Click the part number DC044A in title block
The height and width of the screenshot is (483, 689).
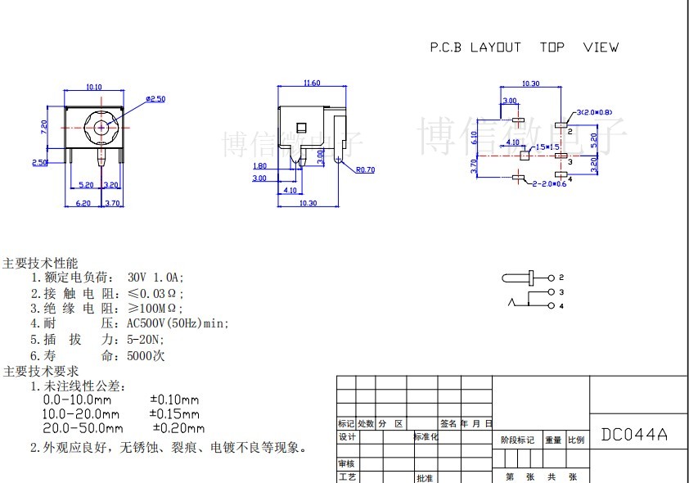[x=634, y=435]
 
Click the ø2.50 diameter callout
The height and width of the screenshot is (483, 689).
[x=155, y=99]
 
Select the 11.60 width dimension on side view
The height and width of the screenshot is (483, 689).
[x=311, y=83]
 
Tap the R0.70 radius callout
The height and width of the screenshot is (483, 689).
[x=365, y=170]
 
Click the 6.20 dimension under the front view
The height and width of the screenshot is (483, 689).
[x=83, y=202]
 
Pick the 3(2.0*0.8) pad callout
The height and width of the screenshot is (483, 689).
[x=595, y=112]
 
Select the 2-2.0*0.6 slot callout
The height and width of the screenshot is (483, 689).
[x=548, y=183]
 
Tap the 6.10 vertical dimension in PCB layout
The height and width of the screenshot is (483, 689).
[x=475, y=138]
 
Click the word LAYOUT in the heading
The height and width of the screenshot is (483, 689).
[x=495, y=47]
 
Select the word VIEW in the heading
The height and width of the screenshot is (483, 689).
[x=601, y=47]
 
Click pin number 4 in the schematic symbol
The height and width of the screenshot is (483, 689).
[x=562, y=306]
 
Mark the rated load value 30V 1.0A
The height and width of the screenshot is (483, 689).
[x=156, y=278]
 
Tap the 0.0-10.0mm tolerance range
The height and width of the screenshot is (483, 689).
[x=77, y=400]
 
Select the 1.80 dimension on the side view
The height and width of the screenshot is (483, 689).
[x=259, y=166]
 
